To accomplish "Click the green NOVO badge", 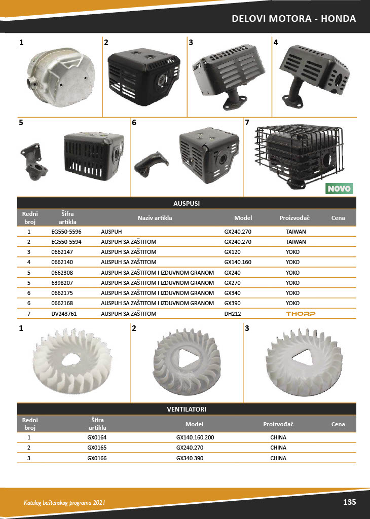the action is point(339,189).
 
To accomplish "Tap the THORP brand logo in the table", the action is point(301,313).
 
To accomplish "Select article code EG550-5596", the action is point(66,232).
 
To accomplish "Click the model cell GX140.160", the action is point(238,262).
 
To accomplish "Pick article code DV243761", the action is point(64,313).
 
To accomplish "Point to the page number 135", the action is point(350,502).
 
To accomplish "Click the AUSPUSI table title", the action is point(187,204).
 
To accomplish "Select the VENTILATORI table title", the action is point(187,410).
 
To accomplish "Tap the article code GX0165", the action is point(97,448).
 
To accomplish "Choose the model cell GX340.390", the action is point(190,458).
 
